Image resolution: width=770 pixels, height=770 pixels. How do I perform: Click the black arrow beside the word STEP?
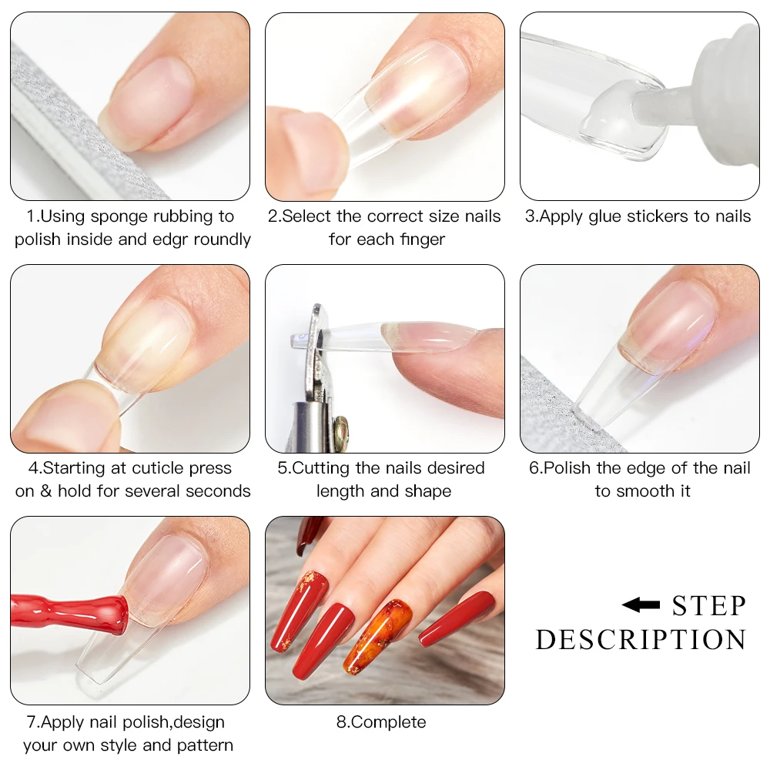pyautogui.click(x=641, y=605)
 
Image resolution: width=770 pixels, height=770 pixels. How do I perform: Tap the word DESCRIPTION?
pyautogui.click(x=641, y=640)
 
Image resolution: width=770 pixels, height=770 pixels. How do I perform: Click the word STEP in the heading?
pyautogui.click(x=708, y=606)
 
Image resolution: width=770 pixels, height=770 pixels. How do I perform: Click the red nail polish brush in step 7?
pyautogui.click(x=69, y=612)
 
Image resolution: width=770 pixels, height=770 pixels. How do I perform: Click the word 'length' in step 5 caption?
pyautogui.click(x=342, y=491)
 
